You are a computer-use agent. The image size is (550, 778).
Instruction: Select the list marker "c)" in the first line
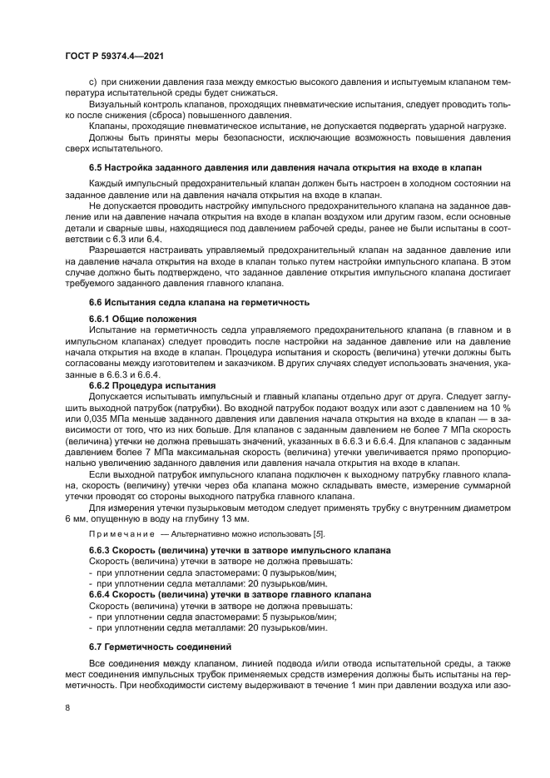(x=93, y=82)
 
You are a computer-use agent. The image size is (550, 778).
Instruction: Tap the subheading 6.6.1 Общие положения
(x=142, y=320)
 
